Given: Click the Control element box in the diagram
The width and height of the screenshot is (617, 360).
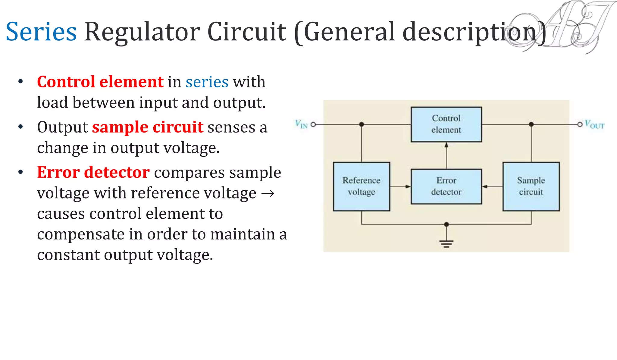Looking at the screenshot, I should (x=446, y=124).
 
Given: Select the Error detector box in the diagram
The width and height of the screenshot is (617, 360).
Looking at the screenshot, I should (x=446, y=186).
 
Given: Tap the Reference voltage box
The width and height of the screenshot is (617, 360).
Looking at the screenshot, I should (x=361, y=186).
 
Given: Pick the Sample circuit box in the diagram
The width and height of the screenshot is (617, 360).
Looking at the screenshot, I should (x=531, y=186).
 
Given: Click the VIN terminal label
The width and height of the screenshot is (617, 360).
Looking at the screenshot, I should (x=301, y=124).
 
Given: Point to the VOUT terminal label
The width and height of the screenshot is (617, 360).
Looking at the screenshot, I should (x=594, y=124).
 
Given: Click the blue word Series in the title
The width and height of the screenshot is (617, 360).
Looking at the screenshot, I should (x=41, y=32).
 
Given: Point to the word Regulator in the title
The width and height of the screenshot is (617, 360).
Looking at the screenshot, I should (x=142, y=32).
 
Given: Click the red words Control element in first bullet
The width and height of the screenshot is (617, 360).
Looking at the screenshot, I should (x=100, y=82).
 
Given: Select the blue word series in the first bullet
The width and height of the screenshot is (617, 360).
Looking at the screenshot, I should (x=207, y=82).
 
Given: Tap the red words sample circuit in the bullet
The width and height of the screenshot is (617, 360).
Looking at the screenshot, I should (x=148, y=127).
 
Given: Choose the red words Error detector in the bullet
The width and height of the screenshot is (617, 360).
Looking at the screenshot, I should (x=93, y=172).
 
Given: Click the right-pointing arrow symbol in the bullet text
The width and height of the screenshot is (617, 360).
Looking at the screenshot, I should (x=268, y=193).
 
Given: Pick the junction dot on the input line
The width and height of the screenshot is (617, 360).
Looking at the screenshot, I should (x=362, y=124).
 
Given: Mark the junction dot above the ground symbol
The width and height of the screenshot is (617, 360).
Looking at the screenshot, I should (x=446, y=224).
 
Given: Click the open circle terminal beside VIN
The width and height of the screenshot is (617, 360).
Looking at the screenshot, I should (x=313, y=124).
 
